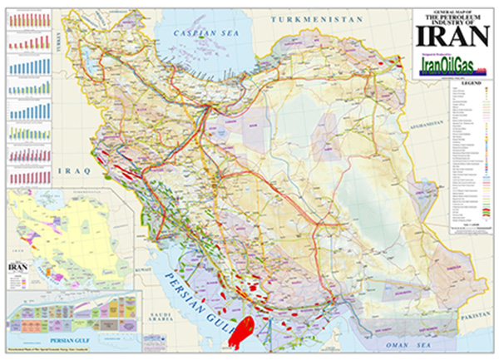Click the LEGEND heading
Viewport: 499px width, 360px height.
coord(472,85)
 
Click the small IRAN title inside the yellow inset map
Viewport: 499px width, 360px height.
coord(16,267)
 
